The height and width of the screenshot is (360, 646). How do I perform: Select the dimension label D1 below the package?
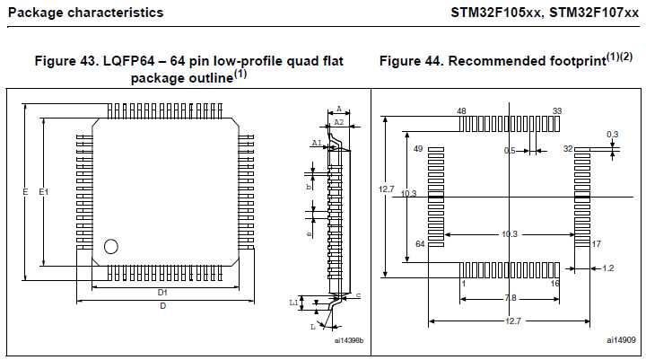163,293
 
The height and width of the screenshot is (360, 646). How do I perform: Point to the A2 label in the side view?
338,121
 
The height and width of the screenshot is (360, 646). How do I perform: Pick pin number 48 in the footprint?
462,111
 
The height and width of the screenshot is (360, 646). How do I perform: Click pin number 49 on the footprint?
418,148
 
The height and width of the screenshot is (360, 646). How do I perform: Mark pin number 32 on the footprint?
568,148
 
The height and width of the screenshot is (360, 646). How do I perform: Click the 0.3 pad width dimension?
613,135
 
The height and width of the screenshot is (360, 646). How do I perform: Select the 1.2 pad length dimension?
607,268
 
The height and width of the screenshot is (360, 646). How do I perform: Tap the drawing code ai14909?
620,340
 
